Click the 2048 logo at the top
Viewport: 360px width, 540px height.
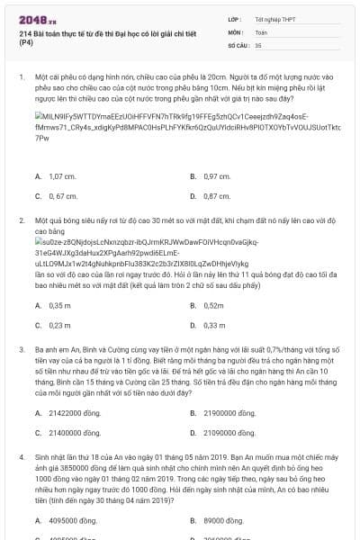click(32, 18)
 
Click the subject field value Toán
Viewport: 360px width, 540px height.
click(261, 31)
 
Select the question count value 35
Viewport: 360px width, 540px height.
click(258, 43)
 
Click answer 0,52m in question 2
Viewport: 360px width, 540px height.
click(214, 306)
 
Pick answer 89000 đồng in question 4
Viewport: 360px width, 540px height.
click(222, 520)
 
